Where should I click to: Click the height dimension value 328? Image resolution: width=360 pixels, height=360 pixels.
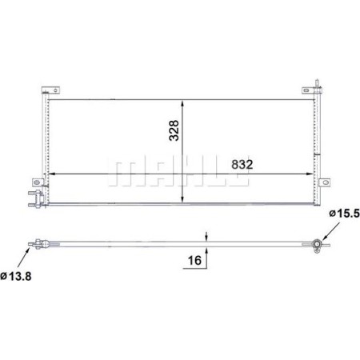175,130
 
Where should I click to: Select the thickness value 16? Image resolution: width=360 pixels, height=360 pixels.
193,261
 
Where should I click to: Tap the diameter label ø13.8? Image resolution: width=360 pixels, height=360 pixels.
15,276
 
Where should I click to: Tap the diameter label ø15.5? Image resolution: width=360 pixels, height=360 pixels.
342,214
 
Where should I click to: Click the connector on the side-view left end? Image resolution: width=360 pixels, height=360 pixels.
37,243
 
